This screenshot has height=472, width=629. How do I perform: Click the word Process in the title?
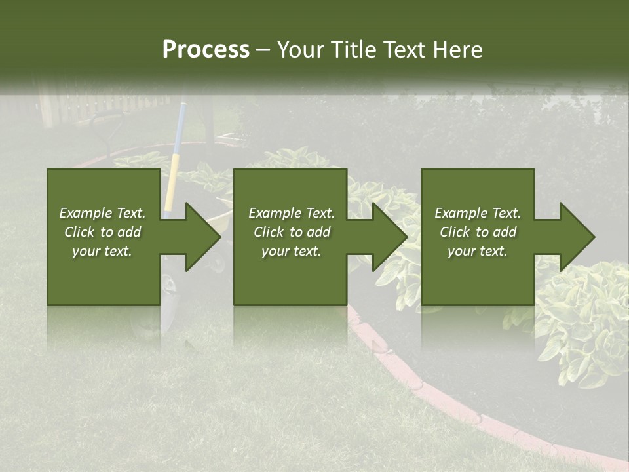tap(206, 50)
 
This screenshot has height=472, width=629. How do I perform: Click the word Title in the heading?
tap(354, 50)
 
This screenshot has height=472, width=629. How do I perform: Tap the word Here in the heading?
tap(457, 50)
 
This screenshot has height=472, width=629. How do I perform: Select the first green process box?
tap(104, 275)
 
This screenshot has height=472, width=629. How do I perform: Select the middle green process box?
tap(290, 275)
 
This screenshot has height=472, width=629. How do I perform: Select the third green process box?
tap(477, 275)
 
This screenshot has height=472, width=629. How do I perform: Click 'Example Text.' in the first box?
tap(102, 213)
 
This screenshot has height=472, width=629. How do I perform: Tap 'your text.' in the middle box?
tap(291, 251)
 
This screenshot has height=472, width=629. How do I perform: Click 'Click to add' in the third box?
tap(478, 232)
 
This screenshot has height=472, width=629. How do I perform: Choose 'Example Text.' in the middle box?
tap(292, 213)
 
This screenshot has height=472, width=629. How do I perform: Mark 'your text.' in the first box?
tap(102, 251)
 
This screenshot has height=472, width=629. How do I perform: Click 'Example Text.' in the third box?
tap(478, 213)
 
